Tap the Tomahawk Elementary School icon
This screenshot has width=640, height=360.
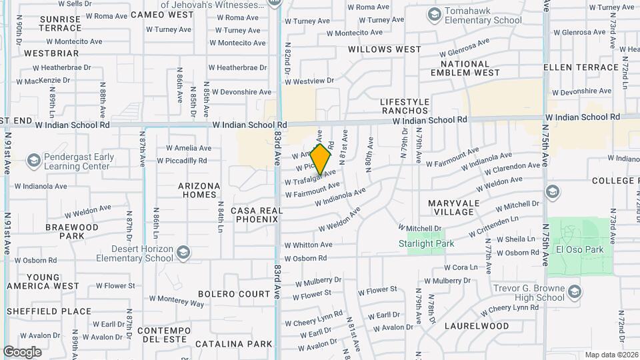coord(435,15)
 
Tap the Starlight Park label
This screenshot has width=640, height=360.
coord(431,244)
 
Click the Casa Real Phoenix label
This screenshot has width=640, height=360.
coord(257,215)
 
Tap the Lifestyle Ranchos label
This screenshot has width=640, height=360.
coord(404,106)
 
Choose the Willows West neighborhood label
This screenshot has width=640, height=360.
coord(385,49)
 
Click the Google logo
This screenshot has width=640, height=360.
coord(22,352)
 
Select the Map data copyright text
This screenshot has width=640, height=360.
coord(611,355)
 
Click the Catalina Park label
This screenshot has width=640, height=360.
coord(233,344)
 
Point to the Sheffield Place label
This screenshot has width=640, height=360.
coord(49,311)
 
